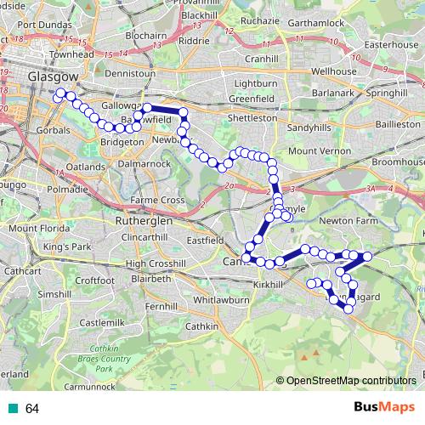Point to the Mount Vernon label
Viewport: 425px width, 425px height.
[x=320, y=150]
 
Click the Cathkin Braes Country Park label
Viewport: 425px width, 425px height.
[x=104, y=358]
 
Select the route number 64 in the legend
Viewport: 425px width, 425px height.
[x=32, y=409]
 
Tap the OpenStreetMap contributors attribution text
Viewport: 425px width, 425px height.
[x=352, y=380]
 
